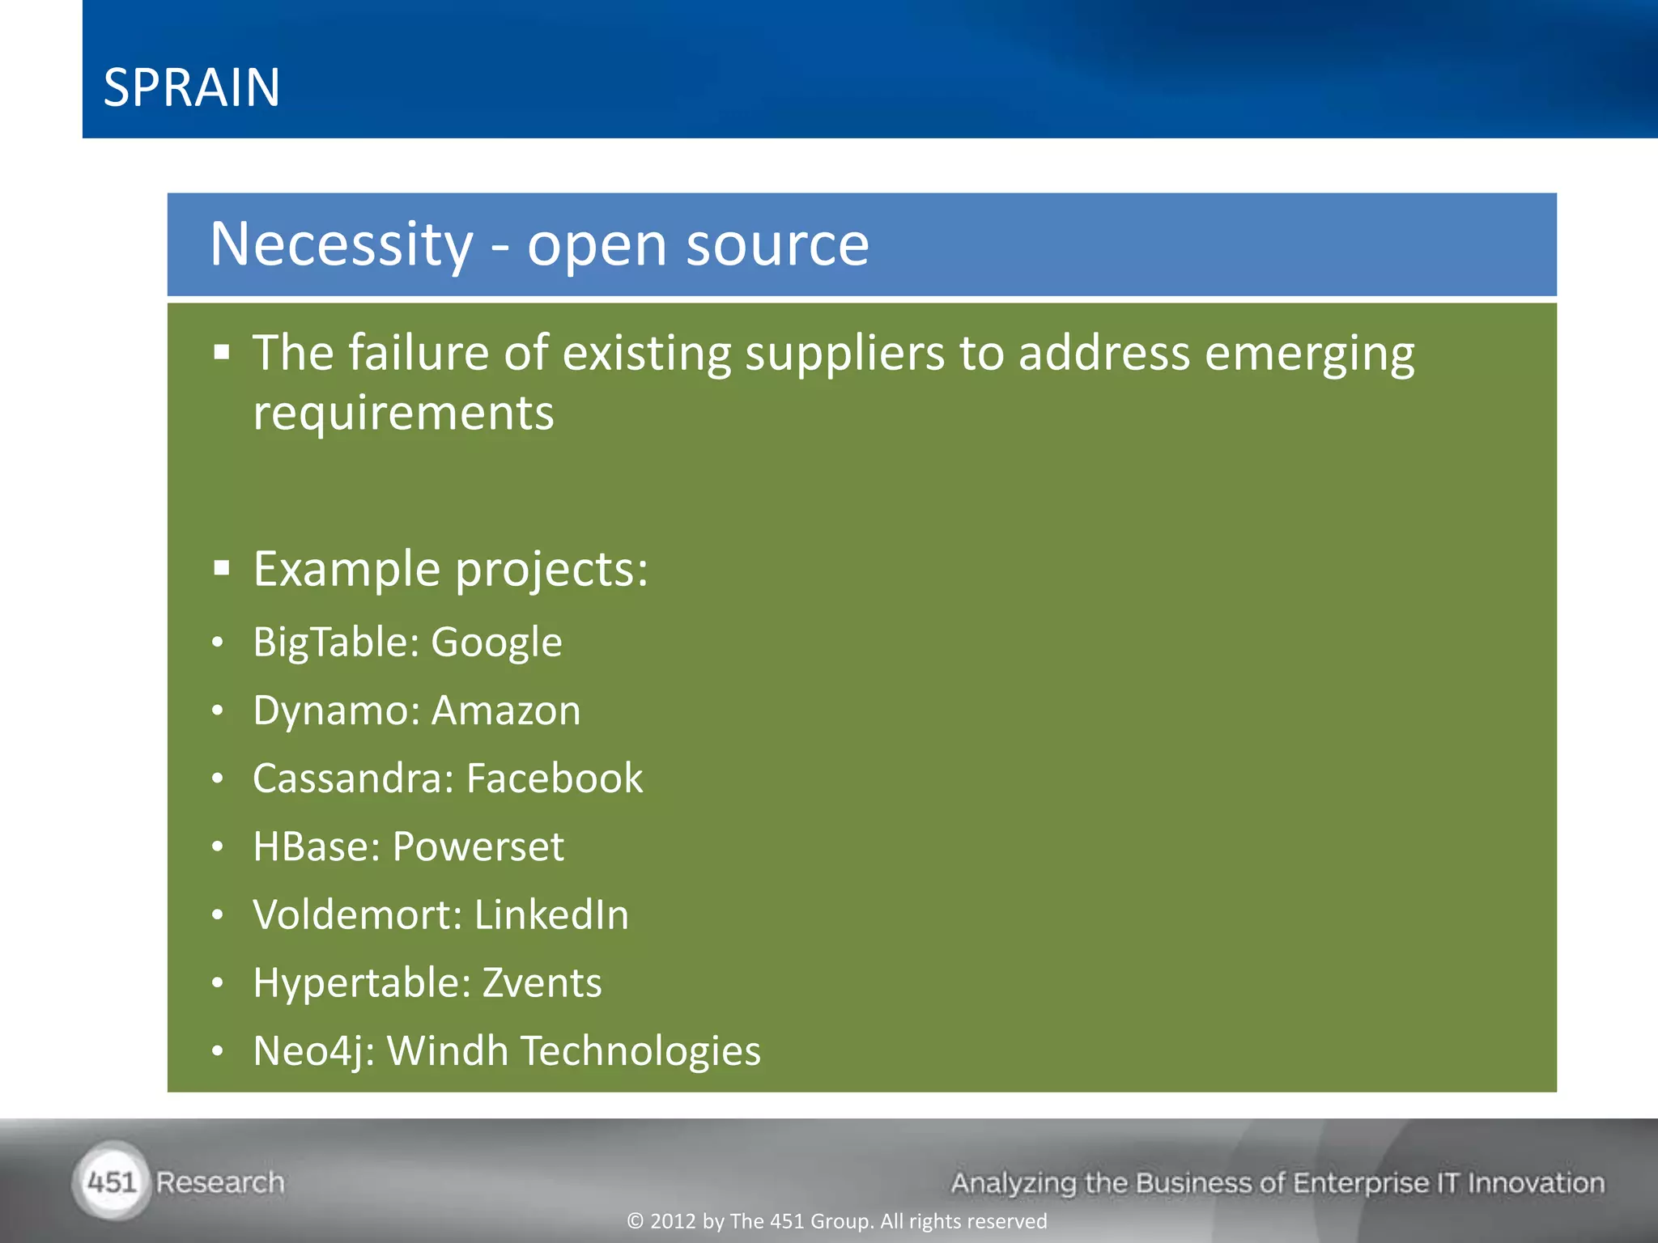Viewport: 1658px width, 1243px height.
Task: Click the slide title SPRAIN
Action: click(x=192, y=87)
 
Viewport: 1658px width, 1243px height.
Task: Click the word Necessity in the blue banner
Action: click(x=341, y=244)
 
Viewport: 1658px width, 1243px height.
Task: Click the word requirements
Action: click(x=403, y=414)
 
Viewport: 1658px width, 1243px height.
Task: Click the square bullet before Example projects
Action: click(x=222, y=569)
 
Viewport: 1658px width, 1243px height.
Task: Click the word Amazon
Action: click(x=506, y=711)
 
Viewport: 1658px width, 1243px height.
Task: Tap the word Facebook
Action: click(x=555, y=778)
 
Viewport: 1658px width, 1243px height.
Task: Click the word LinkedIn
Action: click(x=551, y=915)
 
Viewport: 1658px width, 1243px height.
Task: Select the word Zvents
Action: click(x=542, y=983)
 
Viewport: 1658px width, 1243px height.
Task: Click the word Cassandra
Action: click(x=353, y=778)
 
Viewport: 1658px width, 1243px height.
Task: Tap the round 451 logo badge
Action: click(x=112, y=1182)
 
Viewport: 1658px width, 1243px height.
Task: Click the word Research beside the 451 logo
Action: click(x=220, y=1182)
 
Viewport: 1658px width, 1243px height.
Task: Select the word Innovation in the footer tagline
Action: click(x=1536, y=1183)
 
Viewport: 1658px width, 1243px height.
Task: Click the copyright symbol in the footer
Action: click(x=636, y=1221)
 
